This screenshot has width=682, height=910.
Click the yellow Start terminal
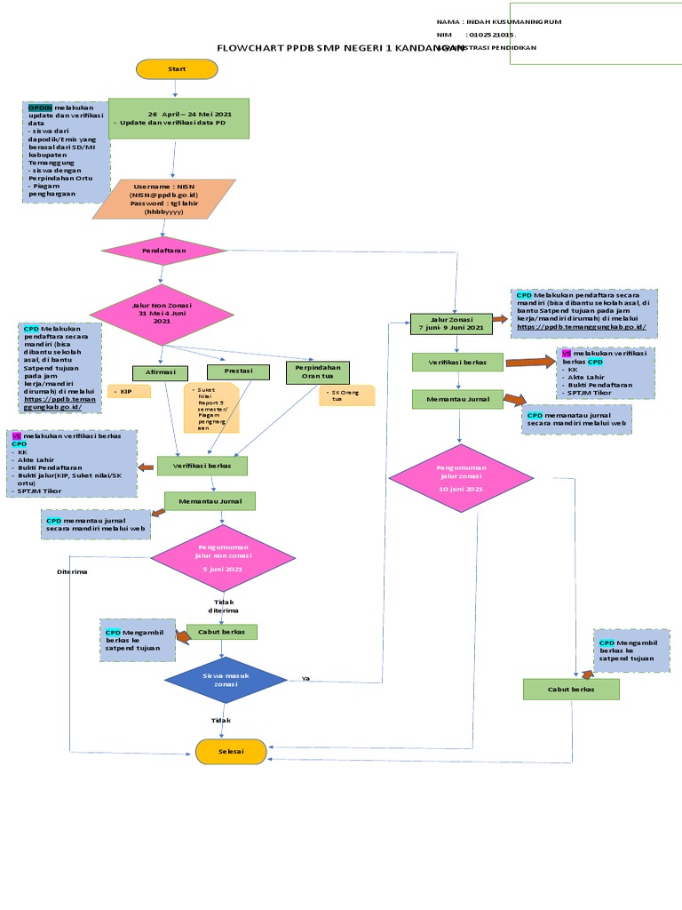(177, 68)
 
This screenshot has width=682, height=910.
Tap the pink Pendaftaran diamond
(164, 251)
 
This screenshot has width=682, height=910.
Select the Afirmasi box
(160, 373)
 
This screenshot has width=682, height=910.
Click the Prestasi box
(237, 371)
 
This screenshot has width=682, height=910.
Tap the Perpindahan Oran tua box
(317, 371)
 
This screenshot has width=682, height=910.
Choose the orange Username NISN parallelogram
(164, 199)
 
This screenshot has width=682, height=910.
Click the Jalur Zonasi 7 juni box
(451, 323)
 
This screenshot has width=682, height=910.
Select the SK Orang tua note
(346, 395)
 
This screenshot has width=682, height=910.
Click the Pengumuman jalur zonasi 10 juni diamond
(461, 479)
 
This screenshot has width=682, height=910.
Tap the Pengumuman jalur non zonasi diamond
(222, 558)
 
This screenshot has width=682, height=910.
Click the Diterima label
(72, 571)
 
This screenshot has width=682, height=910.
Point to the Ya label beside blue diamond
(305, 678)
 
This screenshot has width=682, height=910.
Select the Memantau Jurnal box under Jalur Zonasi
(457, 399)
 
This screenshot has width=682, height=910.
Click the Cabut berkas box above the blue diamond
(222, 632)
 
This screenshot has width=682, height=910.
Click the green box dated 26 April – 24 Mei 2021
(178, 118)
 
